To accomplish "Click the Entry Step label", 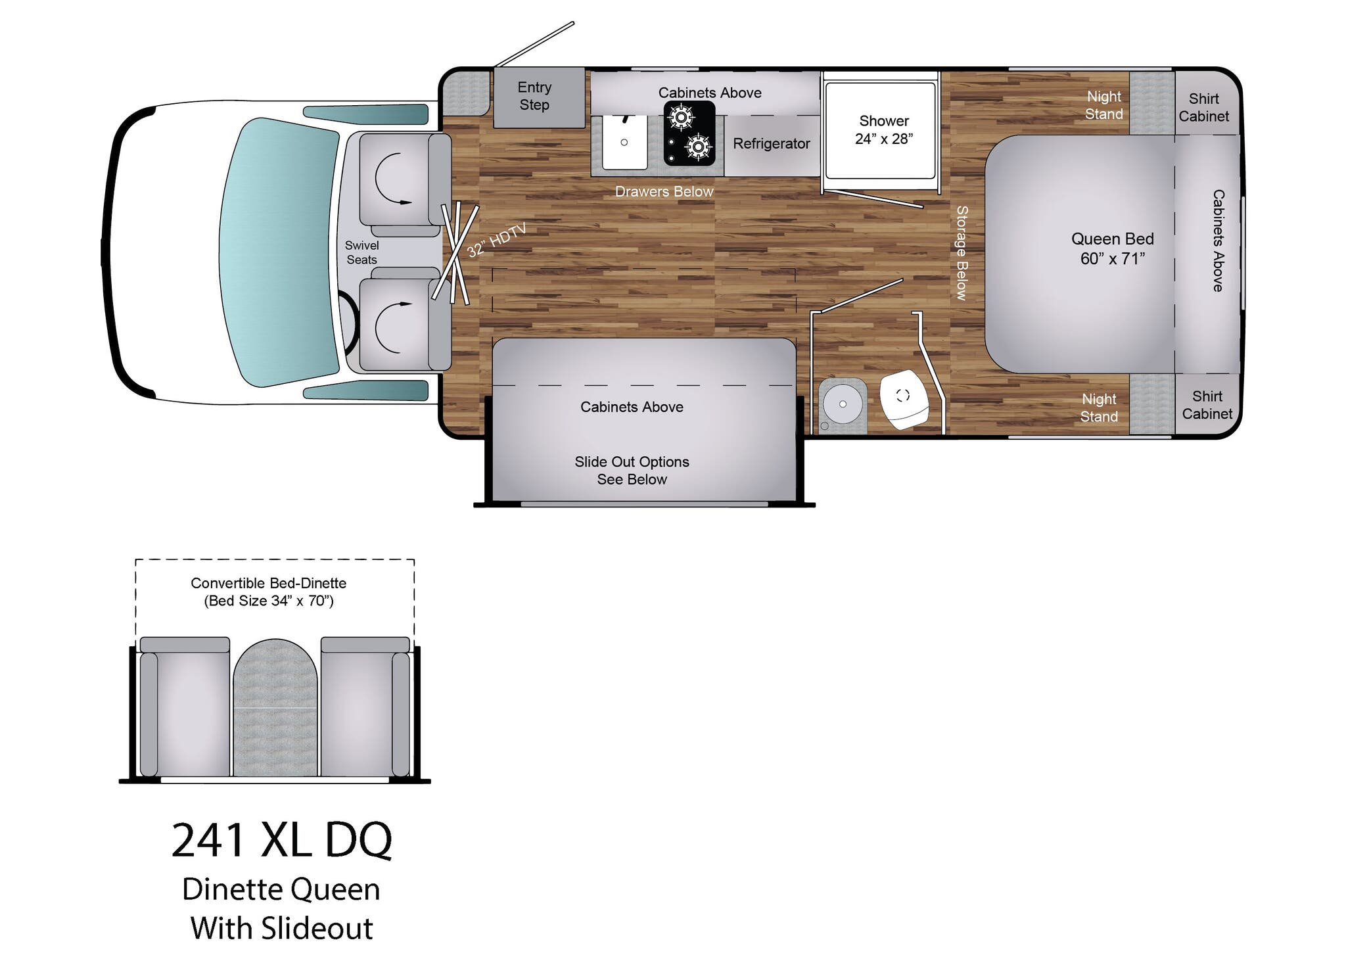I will [534, 96].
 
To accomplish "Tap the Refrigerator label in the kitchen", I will [771, 143].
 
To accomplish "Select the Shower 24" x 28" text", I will [883, 129].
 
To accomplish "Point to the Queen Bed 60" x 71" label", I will [1112, 248].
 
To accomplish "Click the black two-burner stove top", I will [689, 133].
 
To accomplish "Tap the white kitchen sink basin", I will [624, 142].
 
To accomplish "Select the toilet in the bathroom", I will [904, 398].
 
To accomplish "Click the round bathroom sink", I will [842, 404].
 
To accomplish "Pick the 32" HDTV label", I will [497, 241].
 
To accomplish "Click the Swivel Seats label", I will [361, 252].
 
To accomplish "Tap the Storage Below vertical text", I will [962, 253].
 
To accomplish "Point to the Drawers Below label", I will [664, 191].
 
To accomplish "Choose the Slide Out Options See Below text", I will [632, 471].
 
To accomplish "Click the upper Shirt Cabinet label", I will [1203, 107].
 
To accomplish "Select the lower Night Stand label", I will [1099, 408].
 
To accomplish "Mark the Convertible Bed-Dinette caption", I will [268, 592].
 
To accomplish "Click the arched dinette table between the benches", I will [275, 707].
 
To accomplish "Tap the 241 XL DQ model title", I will [281, 839].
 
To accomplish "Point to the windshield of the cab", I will [279, 252].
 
